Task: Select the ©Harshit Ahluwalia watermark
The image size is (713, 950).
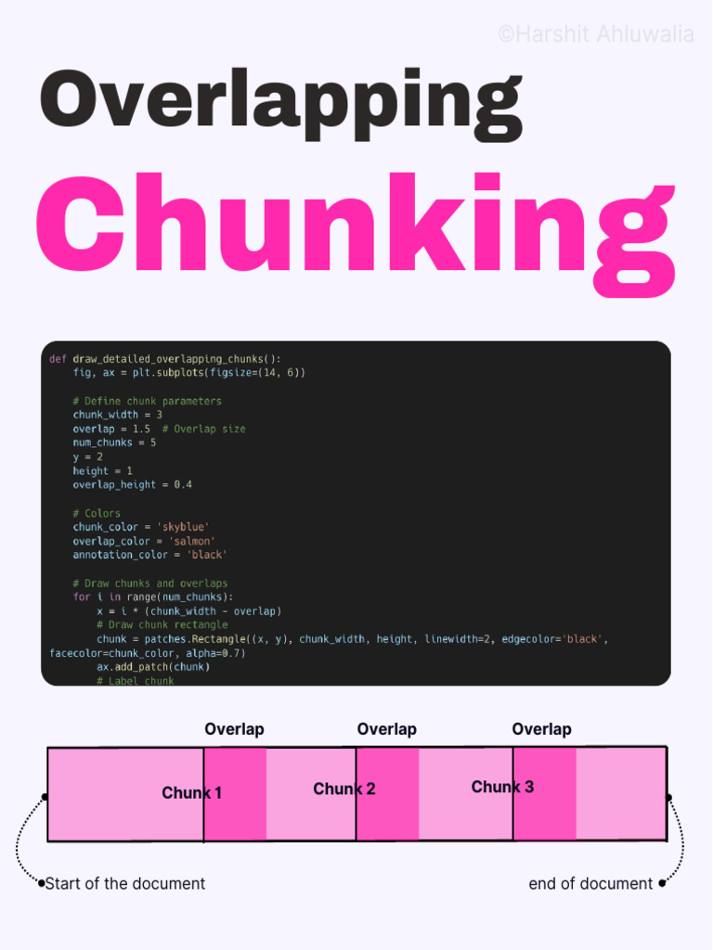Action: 595,34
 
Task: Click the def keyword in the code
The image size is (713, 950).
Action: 57,359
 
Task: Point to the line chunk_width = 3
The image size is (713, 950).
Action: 118,415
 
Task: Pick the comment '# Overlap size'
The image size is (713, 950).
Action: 203,429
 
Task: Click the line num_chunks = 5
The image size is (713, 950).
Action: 114,443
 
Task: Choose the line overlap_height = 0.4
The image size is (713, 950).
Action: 133,484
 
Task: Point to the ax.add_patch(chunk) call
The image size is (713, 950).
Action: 153,667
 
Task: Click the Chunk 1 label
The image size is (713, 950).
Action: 191,793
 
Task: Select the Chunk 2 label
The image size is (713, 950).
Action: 344,790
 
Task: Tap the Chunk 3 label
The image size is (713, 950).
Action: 502,787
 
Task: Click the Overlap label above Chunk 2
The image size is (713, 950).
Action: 387,729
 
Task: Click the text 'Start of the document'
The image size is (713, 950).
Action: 125,883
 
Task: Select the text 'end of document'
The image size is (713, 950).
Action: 590,883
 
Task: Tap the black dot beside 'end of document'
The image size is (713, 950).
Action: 662,883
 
